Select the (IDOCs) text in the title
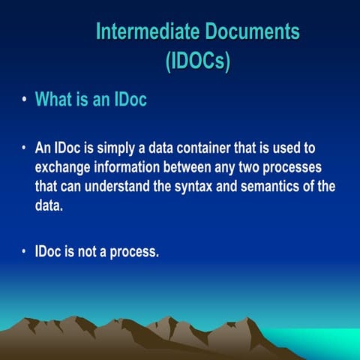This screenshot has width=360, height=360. click(x=197, y=60)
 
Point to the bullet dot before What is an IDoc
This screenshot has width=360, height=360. click(x=25, y=100)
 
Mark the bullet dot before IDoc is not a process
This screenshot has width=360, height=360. click(x=25, y=252)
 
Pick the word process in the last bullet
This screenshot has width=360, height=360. click(x=134, y=252)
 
